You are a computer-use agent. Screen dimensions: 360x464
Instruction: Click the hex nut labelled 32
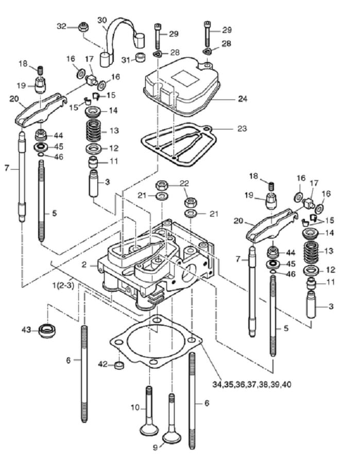(x=84, y=27)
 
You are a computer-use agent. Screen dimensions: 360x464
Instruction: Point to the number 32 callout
(x=61, y=26)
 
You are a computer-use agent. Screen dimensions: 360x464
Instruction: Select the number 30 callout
(x=102, y=20)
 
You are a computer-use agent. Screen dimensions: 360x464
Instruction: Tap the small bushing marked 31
(x=141, y=57)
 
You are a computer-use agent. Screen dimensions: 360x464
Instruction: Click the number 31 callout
(x=126, y=60)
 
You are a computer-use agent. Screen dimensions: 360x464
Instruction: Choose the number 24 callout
(x=243, y=98)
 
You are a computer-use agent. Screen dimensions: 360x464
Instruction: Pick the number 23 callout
(x=242, y=129)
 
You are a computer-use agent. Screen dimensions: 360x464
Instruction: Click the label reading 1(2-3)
(x=63, y=286)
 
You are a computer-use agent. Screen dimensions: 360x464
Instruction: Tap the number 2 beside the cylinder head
(x=84, y=264)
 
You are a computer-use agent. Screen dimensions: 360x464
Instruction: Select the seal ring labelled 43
(x=47, y=331)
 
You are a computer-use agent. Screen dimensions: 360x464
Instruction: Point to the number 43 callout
(x=27, y=329)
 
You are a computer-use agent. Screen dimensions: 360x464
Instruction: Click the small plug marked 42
(x=119, y=366)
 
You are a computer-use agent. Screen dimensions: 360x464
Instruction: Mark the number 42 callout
(x=103, y=364)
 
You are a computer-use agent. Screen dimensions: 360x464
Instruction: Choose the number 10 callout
(x=135, y=407)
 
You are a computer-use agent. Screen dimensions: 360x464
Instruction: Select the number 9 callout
(x=155, y=448)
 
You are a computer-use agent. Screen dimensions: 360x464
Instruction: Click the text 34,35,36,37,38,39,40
(x=251, y=385)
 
